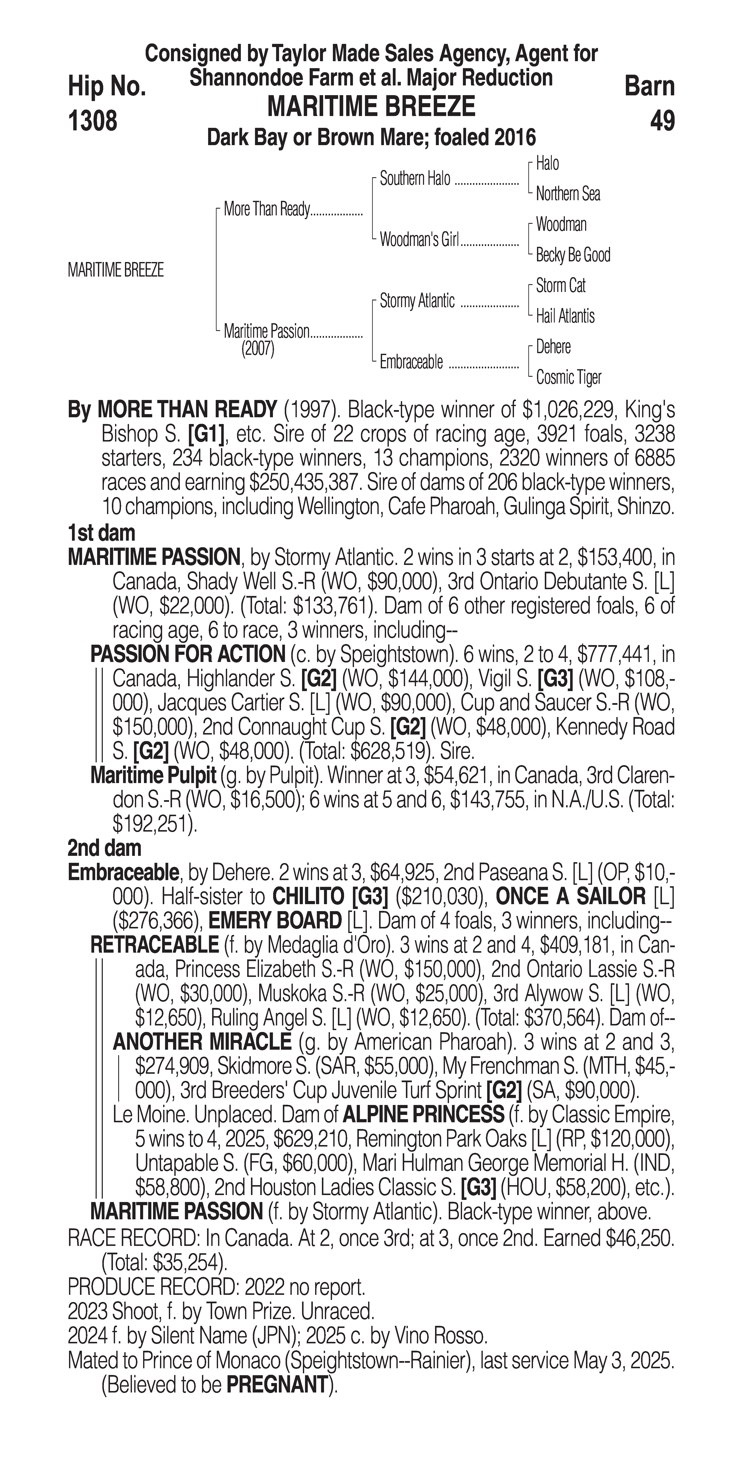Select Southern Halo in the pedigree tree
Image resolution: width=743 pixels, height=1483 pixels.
tap(415, 179)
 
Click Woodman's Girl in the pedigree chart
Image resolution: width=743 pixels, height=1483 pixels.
tap(419, 240)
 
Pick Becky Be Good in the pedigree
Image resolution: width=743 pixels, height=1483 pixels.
tap(572, 255)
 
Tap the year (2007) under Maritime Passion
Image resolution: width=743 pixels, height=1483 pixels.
tap(258, 349)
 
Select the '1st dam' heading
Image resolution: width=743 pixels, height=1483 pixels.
tap(101, 533)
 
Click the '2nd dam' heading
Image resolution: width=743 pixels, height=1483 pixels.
tap(104, 848)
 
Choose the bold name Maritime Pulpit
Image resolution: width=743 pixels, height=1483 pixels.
tap(153, 776)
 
